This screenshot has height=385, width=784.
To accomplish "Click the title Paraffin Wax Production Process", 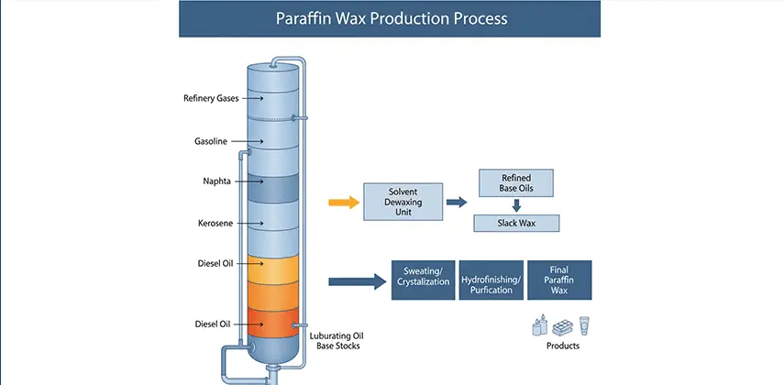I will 389,18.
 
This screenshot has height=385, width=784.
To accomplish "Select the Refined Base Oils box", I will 515,182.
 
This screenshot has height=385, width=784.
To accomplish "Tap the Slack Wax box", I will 515,223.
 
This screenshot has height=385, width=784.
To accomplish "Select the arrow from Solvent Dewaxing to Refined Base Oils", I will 456,201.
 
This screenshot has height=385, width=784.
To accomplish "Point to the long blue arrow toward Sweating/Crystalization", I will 355,280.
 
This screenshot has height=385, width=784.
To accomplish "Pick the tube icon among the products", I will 584,326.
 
